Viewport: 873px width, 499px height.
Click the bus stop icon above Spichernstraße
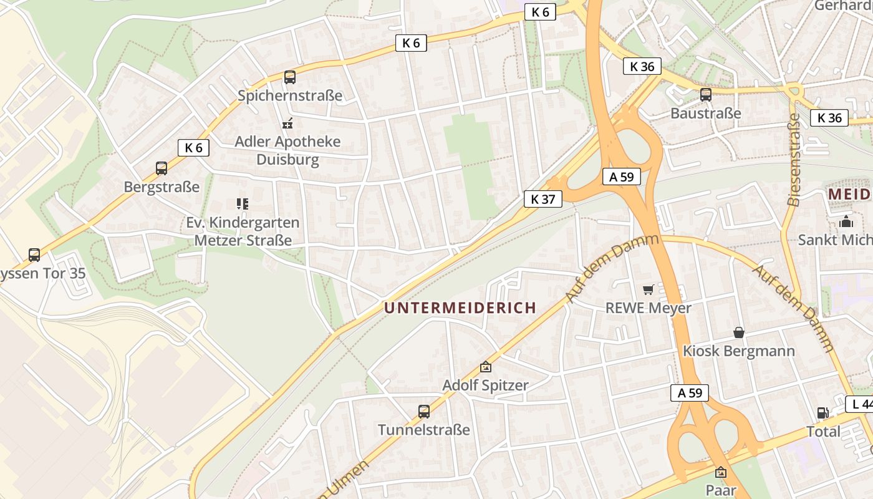pyautogui.click(x=290, y=77)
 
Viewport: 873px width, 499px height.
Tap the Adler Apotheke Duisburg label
pyautogui.click(x=287, y=150)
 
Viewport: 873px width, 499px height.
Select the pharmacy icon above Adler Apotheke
pyautogui.click(x=287, y=124)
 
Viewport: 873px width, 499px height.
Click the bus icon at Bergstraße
pyautogui.click(x=162, y=168)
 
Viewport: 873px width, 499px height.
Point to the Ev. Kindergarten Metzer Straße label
pyautogui.click(x=243, y=231)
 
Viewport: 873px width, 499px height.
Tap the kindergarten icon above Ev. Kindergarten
pyautogui.click(x=243, y=203)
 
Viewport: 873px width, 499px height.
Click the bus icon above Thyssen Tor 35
pyautogui.click(x=34, y=255)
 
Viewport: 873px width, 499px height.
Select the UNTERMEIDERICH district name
pyautogui.click(x=460, y=308)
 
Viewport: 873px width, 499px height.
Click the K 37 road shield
pyautogui.click(x=543, y=199)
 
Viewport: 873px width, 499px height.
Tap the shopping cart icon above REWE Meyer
pyautogui.click(x=649, y=289)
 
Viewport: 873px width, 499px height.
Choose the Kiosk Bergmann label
pyautogui.click(x=738, y=351)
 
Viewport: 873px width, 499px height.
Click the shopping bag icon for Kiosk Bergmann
pyautogui.click(x=739, y=332)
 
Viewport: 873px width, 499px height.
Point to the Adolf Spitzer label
pyautogui.click(x=485, y=385)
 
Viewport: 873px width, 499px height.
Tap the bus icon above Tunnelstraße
pyautogui.click(x=424, y=412)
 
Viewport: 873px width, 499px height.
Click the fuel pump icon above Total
pyautogui.click(x=823, y=413)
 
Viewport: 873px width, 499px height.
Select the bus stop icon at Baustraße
pyautogui.click(x=706, y=95)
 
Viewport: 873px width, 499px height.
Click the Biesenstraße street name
pyautogui.click(x=794, y=160)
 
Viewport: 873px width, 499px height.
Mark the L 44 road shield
pyautogui.click(x=861, y=404)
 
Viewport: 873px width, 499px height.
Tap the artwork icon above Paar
pyautogui.click(x=721, y=472)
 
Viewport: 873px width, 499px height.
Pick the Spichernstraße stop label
pyautogui.click(x=290, y=95)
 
